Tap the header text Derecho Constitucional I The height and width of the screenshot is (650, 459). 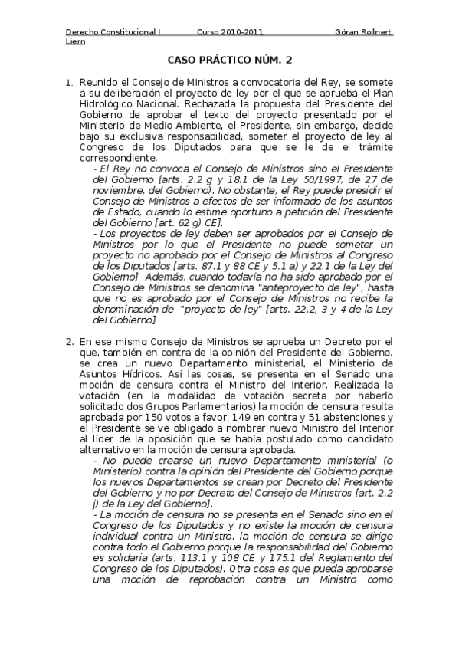tap(113, 32)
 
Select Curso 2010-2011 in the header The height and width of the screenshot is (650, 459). tap(230, 32)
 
